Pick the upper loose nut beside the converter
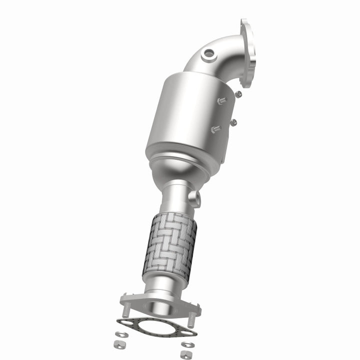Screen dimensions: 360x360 click(238, 94)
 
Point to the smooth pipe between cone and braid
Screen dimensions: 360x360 click(175, 197)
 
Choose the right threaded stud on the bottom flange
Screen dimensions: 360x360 click(190, 318)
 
